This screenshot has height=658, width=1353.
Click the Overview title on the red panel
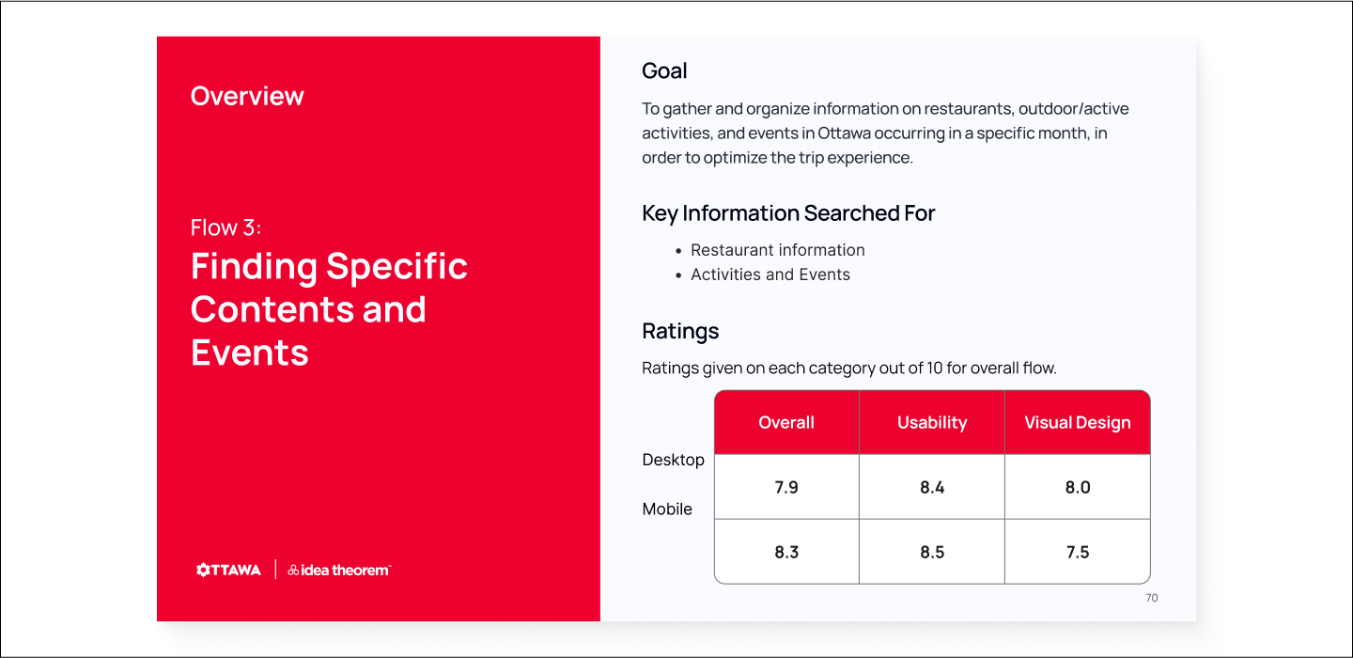click(x=247, y=96)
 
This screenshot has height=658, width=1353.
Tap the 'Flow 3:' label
click(x=225, y=227)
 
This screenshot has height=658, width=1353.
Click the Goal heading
click(x=664, y=71)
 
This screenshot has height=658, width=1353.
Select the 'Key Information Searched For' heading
click(x=788, y=213)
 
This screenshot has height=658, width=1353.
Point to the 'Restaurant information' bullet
click(x=777, y=250)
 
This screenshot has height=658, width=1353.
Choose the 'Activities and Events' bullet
click(x=770, y=274)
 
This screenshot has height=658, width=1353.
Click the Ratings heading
click(x=680, y=332)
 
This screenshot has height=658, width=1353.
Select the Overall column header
click(x=786, y=422)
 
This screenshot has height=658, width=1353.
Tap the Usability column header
click(x=932, y=422)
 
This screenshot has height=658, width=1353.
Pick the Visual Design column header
click(x=1078, y=422)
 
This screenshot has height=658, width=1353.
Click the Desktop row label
click(x=673, y=460)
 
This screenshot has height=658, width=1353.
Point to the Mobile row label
click(x=667, y=509)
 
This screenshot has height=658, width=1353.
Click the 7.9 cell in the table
click(x=786, y=487)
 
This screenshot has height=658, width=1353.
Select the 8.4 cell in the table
click(x=932, y=487)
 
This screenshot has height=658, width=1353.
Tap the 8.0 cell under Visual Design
click(x=1078, y=487)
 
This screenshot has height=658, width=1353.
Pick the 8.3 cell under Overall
click(x=786, y=552)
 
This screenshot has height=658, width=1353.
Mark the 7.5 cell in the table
click(x=1078, y=552)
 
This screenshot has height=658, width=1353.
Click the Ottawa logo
click(x=228, y=570)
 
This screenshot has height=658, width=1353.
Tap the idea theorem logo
click(x=339, y=570)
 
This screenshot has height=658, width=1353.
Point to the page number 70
click(x=1151, y=598)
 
